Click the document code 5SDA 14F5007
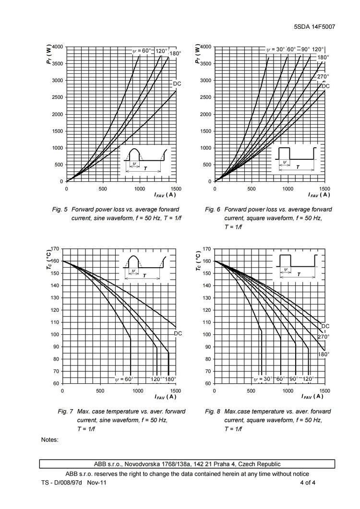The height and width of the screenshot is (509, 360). pyautogui.click(x=314, y=26)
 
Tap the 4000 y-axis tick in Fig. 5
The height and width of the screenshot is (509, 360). pyautogui.click(x=57, y=47)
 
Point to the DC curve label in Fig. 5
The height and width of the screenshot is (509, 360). pyautogui.click(x=177, y=84)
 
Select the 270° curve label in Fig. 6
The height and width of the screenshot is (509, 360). pyautogui.click(x=323, y=77)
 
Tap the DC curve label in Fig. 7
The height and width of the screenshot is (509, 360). pyautogui.click(x=178, y=333)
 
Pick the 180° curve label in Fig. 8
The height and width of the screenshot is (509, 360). pyautogui.click(x=324, y=354)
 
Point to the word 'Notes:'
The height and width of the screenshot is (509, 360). pyautogui.click(x=50, y=439)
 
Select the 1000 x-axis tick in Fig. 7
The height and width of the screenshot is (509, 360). pyautogui.click(x=138, y=391)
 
